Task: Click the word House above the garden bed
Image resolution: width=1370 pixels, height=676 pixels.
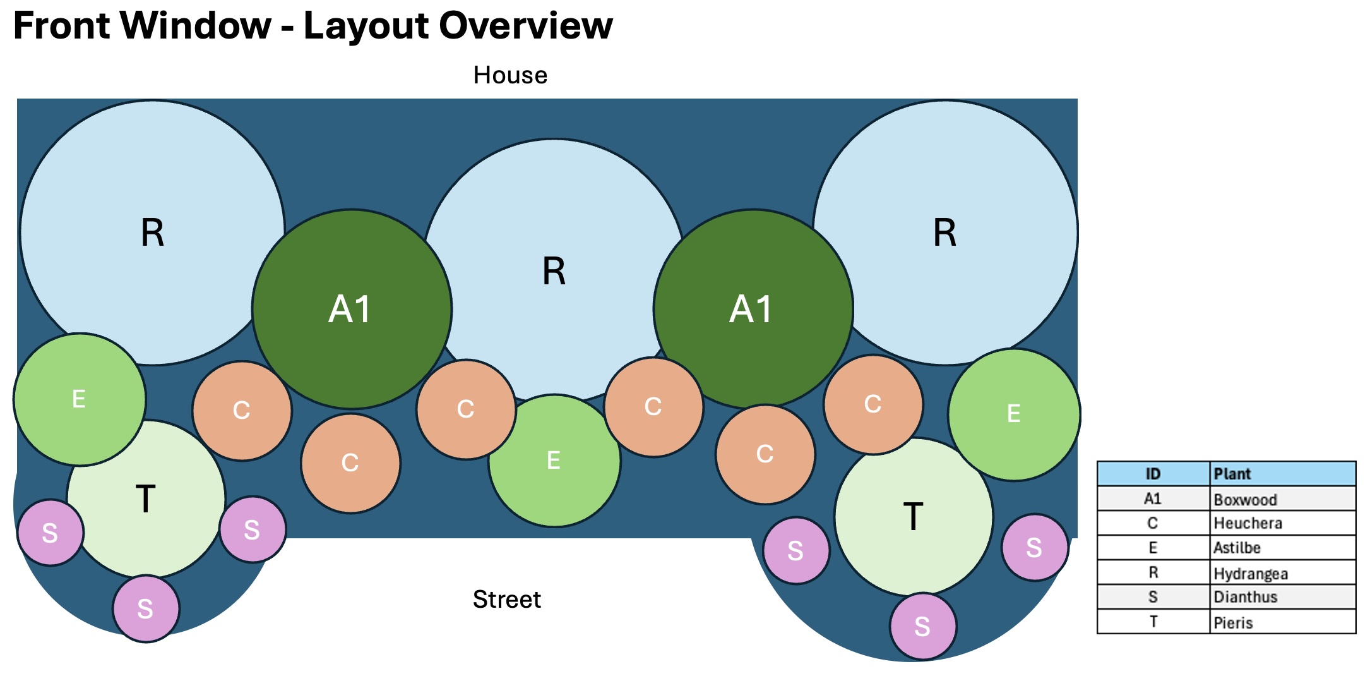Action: point(510,75)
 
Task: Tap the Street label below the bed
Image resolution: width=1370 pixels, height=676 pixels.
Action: point(507,599)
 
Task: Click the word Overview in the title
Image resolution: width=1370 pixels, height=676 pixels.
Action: point(525,26)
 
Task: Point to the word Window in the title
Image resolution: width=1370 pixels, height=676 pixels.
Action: point(196,26)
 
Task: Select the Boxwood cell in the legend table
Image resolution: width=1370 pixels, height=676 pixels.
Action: point(1283,499)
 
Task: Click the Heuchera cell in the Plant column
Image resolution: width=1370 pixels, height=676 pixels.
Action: point(1283,523)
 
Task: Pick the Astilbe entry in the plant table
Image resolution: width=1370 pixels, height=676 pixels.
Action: point(1283,548)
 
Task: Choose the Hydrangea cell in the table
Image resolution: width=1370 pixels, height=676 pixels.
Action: point(1283,573)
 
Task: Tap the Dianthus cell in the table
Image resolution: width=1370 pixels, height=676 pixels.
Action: point(1283,597)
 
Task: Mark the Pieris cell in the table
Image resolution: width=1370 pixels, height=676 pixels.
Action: point(1283,622)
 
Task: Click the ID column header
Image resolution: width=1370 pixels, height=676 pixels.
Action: point(1153,474)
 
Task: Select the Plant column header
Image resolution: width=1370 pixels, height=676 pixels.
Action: point(1283,474)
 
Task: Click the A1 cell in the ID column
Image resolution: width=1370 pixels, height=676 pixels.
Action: point(1153,499)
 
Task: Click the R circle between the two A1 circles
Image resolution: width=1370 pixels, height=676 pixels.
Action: point(554,270)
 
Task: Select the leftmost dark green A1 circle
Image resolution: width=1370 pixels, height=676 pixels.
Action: point(352,309)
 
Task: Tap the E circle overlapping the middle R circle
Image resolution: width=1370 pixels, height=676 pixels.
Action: point(554,461)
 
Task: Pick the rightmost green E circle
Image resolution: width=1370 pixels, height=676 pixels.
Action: point(1014,414)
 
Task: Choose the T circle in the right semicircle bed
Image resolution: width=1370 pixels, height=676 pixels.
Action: point(914,517)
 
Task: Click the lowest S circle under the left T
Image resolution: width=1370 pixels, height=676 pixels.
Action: point(146,608)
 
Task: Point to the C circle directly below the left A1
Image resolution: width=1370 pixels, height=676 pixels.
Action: point(350,463)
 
